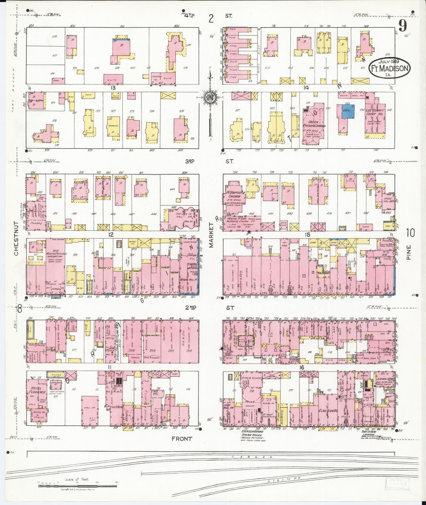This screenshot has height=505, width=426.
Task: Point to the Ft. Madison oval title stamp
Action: pos(389,68)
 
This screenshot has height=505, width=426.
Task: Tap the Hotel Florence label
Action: pos(37,390)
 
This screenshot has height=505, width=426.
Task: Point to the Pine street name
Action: pos(409,253)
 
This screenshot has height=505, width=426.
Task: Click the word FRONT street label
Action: pos(182,439)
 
